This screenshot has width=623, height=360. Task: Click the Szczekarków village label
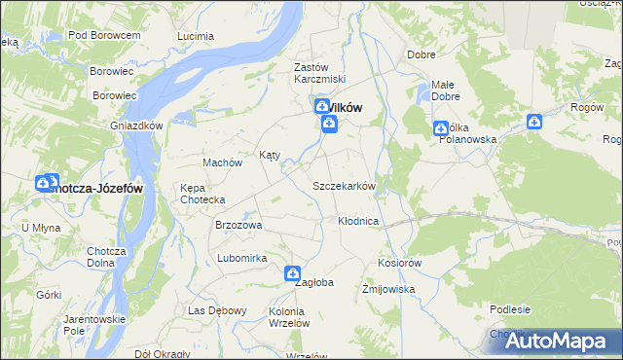[x=344, y=186]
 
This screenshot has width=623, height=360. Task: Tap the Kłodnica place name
[x=357, y=222]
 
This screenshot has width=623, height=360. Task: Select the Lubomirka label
[x=242, y=258]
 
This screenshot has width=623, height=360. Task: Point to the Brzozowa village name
[x=238, y=225]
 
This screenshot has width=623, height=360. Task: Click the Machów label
[x=221, y=162]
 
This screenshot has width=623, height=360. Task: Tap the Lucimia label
[x=196, y=35]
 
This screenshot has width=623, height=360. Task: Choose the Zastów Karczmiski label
[x=320, y=73]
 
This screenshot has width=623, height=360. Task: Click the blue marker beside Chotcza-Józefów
[x=45, y=183]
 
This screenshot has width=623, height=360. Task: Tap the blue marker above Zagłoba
[x=292, y=275]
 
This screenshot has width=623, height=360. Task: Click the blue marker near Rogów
[x=534, y=122]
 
